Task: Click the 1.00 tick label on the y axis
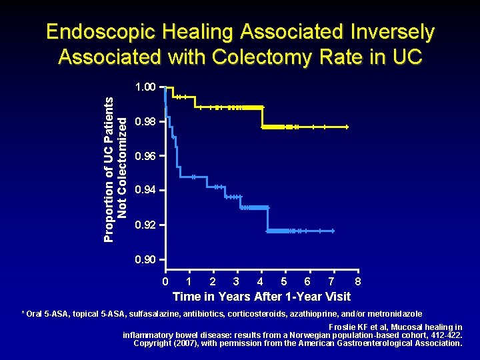coord(145,87)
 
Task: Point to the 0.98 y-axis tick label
coord(145,122)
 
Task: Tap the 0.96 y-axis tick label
coord(145,157)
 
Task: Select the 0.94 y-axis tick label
coord(145,191)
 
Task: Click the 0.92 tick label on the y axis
coord(145,225)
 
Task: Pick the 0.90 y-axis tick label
coord(145,259)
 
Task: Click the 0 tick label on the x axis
coord(165,281)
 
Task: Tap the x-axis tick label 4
coord(261,281)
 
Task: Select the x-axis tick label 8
coord(358,281)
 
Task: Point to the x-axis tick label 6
coord(307,281)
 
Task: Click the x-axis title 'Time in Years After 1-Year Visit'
coord(261,297)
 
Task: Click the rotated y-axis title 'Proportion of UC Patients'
coord(110,167)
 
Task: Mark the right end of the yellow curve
coord(347,127)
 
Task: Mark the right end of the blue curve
coord(333,231)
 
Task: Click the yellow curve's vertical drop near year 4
coord(263,117)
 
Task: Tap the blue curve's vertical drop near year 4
coord(267,219)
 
